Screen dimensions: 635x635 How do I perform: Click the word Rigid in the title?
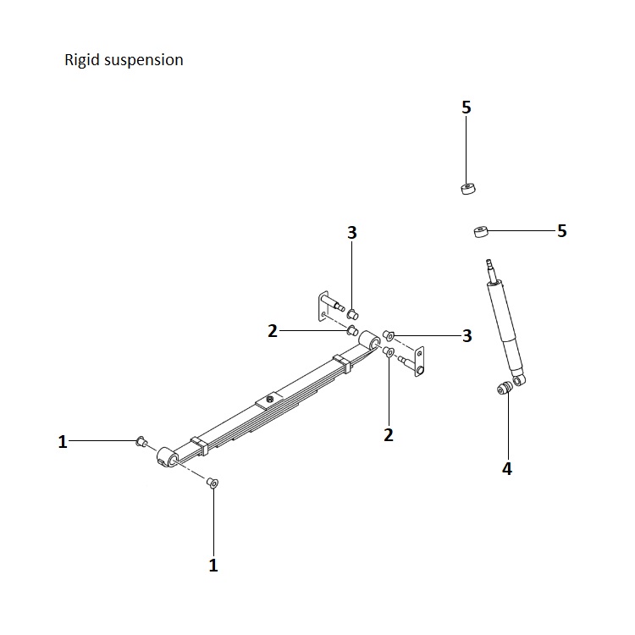pos(81,61)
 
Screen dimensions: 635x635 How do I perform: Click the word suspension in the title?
pos(144,61)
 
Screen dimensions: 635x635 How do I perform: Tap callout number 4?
pos(507,468)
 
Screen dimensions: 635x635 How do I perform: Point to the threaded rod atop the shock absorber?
pos(490,270)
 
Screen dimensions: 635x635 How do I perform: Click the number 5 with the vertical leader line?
pos(467,108)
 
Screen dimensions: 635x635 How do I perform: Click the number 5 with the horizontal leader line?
pos(562,230)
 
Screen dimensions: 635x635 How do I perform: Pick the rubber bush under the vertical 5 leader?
pos(467,189)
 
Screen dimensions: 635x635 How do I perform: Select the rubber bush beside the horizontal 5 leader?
pos(480,230)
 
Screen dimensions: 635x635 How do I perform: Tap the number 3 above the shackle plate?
pos(352,233)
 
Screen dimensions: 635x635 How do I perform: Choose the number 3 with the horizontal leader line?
pos(467,336)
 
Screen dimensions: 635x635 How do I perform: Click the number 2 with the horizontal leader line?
pos(273,331)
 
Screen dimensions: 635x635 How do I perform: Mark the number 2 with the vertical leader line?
pos(389,435)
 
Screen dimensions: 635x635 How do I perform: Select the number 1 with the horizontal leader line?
pos(63,441)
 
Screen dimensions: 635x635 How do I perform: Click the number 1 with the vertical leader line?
pos(213,565)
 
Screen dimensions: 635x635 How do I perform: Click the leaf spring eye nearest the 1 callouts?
pos(167,457)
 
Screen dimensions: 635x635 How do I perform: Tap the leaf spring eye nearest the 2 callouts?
pos(369,340)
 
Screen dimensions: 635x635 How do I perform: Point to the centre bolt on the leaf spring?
pos(268,398)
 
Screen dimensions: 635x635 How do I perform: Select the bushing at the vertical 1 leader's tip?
pos(213,483)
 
